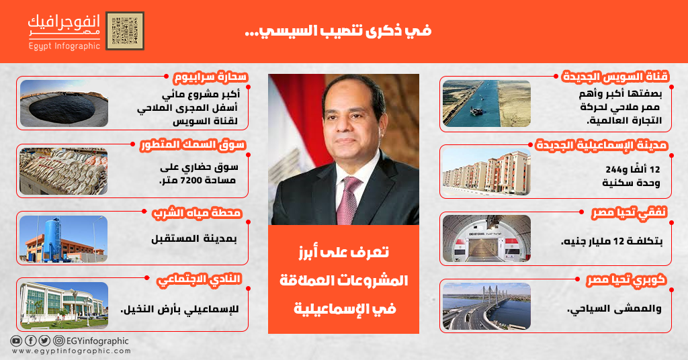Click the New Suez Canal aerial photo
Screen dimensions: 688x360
(486, 103)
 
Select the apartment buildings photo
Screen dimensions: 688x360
(486, 171)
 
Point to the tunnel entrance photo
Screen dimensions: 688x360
(486, 238)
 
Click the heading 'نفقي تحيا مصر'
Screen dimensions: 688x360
(629, 213)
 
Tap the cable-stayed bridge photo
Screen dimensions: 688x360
(486, 306)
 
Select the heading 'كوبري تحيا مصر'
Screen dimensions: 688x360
(627, 280)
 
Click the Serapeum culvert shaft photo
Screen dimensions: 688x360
(64, 103)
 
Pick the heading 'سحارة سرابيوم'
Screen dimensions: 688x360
(210, 77)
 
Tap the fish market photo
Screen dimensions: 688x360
(64, 171)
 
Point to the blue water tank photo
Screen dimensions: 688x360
(64, 239)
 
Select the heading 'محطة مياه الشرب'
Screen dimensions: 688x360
(197, 213)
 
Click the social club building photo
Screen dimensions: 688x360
(64, 306)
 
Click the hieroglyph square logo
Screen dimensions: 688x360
(125, 31)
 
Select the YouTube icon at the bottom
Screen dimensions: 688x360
(16, 341)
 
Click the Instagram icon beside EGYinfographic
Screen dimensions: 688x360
(59, 341)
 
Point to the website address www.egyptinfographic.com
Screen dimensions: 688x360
(71, 351)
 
